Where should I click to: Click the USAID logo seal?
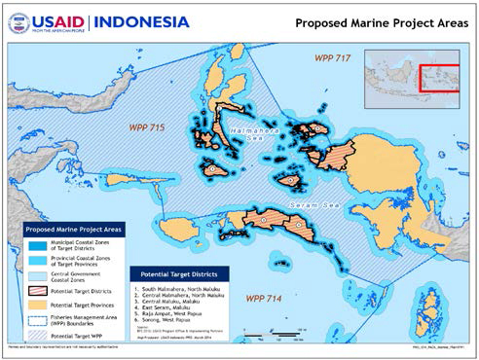tap(18, 22)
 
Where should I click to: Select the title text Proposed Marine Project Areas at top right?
tap(378, 23)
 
